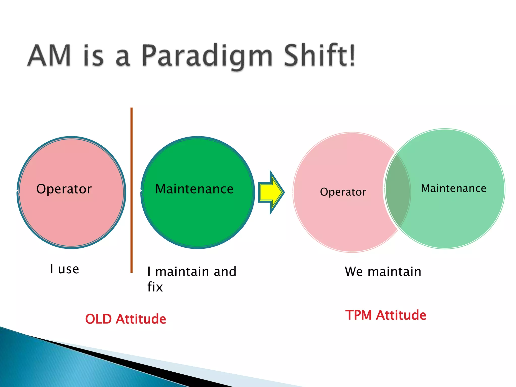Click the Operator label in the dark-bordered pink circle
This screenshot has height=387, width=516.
point(64,189)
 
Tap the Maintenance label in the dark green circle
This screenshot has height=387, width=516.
point(194,189)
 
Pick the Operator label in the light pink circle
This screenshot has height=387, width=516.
point(343,192)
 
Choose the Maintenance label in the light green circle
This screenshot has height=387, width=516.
point(454,188)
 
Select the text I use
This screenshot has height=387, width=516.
point(64,269)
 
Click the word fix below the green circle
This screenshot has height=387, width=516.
point(155,287)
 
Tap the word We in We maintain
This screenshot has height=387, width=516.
point(354,272)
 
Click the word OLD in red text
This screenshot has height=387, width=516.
point(98,319)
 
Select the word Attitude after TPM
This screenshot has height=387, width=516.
point(401,315)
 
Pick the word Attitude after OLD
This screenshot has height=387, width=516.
point(141,319)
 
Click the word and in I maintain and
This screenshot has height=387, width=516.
point(225,272)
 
